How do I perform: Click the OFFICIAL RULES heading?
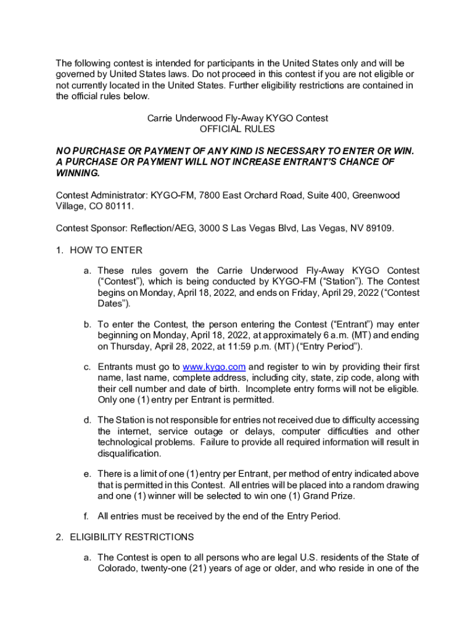point(238,129)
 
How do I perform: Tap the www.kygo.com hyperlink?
point(215,367)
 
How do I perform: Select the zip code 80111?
point(117,206)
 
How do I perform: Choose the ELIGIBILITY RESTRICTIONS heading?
point(132,537)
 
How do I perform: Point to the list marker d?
point(88,420)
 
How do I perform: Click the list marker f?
point(88,516)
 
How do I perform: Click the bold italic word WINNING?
point(77,173)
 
